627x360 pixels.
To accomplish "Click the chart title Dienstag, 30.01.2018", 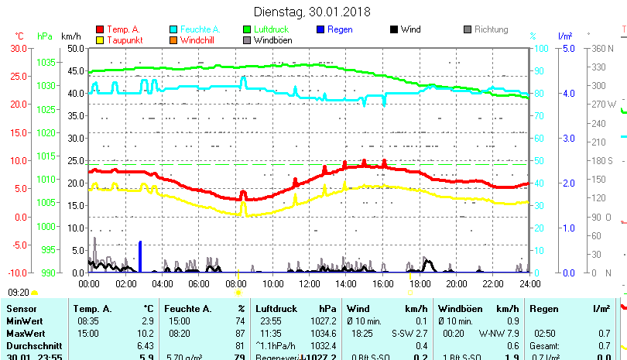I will click(312, 12).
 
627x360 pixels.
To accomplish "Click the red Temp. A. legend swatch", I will click(99, 29).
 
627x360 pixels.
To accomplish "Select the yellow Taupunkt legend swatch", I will click(99, 39).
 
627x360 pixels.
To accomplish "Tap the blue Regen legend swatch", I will click(320, 29).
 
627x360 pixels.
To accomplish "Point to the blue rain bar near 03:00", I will click(140, 256).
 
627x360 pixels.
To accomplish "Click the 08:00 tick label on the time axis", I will click(237, 283).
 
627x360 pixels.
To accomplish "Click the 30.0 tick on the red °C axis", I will click(19, 48).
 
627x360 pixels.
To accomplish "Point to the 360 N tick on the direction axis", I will click(603, 48).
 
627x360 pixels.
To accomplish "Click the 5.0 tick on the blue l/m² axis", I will click(567, 48).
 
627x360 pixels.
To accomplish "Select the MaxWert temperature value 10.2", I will click(147, 332).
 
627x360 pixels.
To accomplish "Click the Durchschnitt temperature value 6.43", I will click(145, 345).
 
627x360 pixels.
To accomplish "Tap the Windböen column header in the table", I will click(458, 308).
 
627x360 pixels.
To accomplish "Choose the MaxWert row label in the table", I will click(24, 332).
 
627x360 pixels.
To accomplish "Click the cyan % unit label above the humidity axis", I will click(533, 36).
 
